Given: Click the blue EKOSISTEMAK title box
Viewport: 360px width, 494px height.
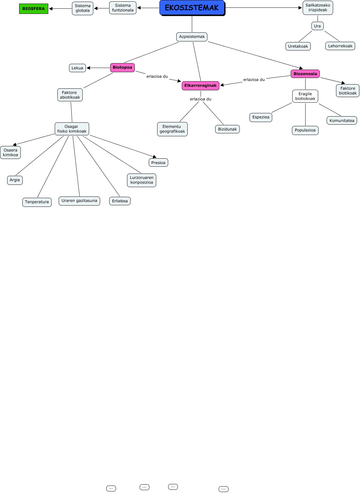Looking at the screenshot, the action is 192,8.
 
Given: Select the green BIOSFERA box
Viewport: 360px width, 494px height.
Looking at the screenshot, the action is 34,9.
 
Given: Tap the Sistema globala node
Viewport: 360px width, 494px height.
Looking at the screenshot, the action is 83,8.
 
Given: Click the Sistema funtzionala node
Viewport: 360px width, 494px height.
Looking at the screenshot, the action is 123,8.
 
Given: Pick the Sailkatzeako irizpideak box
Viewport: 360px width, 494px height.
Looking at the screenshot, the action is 318,8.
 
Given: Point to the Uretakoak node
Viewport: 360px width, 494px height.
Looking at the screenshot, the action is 298,46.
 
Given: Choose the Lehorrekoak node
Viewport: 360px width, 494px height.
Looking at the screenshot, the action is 340,46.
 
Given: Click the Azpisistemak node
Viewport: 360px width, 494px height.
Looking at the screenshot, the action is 192,37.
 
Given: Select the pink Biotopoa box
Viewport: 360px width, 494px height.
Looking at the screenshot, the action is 122,67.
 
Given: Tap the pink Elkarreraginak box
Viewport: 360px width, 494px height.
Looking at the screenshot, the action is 201,85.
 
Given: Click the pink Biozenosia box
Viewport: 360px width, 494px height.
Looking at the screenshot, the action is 305,74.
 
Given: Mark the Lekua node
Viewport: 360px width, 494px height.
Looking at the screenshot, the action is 77,68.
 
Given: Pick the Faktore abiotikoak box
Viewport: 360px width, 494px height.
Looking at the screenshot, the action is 70,95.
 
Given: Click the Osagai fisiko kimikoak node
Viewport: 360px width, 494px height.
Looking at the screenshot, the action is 72,129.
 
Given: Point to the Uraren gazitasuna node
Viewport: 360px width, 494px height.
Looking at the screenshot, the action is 79,201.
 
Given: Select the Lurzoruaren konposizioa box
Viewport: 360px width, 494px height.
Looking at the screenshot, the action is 142,180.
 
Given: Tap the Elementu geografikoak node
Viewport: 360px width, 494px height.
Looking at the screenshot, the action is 172,129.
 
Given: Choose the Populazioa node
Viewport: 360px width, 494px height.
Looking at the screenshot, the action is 305,130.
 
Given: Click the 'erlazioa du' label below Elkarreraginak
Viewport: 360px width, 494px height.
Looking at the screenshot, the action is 201,99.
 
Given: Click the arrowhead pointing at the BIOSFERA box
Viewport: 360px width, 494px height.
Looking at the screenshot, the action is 51,9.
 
